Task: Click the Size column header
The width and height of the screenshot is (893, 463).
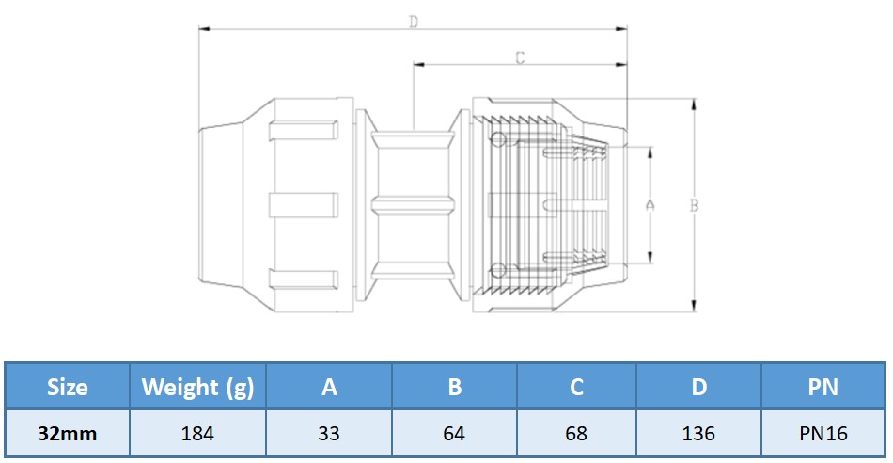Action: coord(68,387)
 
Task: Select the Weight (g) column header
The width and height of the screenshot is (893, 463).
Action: coord(197,387)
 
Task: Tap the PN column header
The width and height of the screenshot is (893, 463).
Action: coord(822,387)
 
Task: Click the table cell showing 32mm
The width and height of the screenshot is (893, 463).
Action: coord(68,434)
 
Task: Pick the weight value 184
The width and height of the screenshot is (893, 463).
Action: coord(197,434)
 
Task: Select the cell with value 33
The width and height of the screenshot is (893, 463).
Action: coord(329,434)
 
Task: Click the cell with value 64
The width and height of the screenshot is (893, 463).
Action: coord(454,434)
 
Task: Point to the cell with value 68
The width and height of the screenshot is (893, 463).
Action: coord(576,434)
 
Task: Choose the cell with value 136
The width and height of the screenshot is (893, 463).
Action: coord(699,434)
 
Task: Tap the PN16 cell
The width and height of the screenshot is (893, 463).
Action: coord(822,434)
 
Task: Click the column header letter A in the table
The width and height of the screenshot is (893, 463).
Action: coord(329,387)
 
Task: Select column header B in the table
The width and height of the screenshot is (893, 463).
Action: coord(454,387)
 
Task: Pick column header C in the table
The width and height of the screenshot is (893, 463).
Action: coord(576,387)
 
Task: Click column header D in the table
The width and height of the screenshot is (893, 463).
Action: coord(699,387)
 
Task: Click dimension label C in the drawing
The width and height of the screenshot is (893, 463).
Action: coord(520,58)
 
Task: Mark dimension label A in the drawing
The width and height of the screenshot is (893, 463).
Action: coord(650,204)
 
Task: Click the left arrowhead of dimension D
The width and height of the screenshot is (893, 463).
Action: coord(204,29)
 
